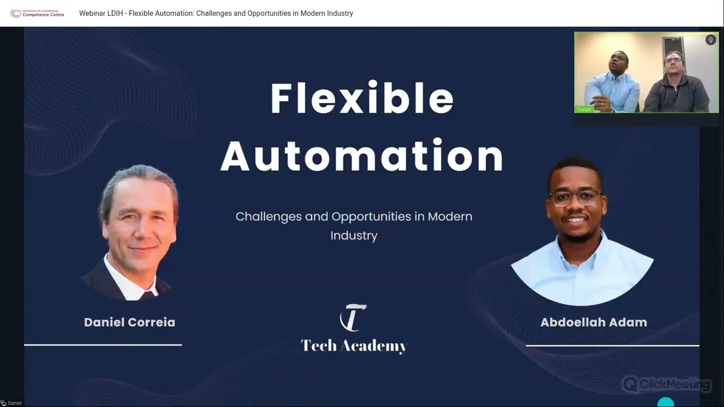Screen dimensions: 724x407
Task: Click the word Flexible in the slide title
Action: pos(362,98)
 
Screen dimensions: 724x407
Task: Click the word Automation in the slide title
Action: pos(361,155)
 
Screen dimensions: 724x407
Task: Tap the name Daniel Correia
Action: pos(130,322)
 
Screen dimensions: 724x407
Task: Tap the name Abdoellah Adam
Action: pos(594,322)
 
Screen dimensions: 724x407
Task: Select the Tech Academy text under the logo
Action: pos(354,346)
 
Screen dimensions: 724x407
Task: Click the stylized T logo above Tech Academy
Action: pos(353,318)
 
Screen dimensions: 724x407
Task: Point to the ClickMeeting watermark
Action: pos(666,384)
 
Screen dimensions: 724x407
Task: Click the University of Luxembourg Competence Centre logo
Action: pos(37,13)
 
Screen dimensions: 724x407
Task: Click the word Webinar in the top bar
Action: pos(92,13)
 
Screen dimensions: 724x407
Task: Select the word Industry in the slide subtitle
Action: pos(354,236)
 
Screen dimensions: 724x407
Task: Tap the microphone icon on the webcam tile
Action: pos(710,40)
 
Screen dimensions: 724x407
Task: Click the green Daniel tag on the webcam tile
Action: pos(584,110)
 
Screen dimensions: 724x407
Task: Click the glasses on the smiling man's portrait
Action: pos(575,198)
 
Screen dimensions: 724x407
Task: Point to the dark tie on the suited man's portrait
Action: pos(148,295)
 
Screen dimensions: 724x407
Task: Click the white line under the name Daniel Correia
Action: pos(103,345)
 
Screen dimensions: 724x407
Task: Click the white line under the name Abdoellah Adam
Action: pos(613,345)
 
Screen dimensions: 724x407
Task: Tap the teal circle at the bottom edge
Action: pos(666,402)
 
